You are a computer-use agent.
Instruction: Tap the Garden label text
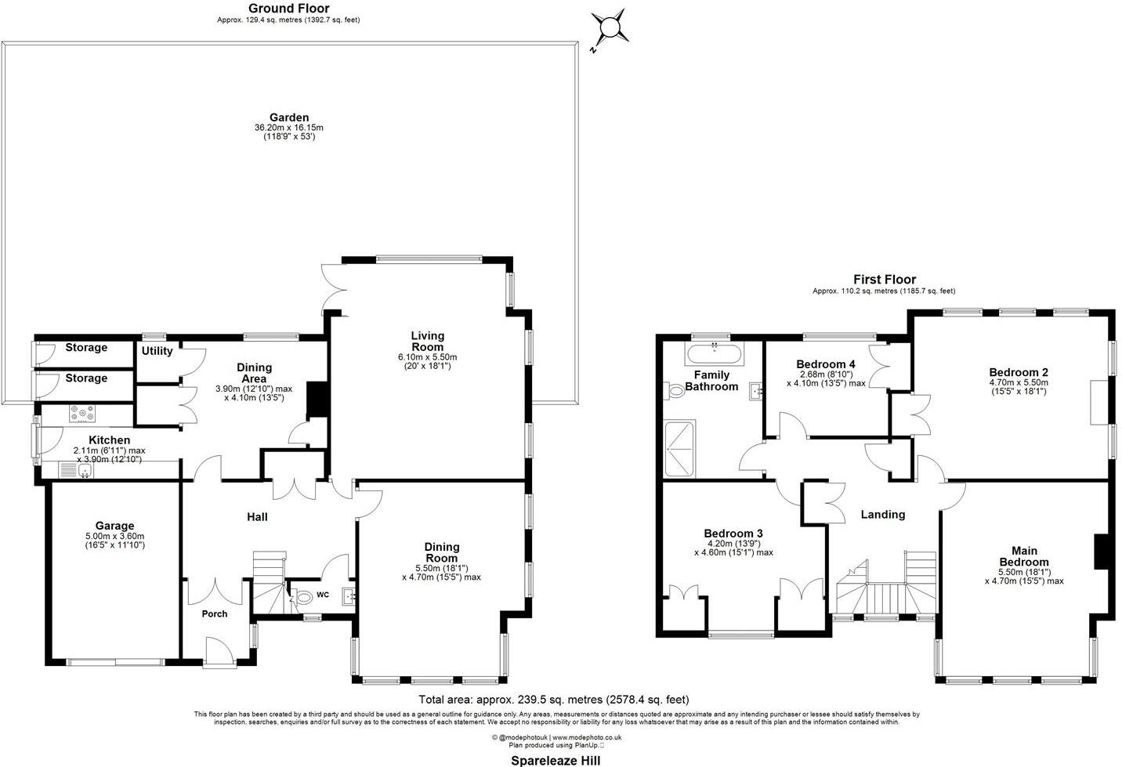pyautogui.click(x=289, y=118)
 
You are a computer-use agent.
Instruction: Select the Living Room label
pyautogui.click(x=427, y=342)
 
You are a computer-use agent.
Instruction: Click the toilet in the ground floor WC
pyautogui.click(x=302, y=598)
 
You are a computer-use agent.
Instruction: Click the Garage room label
pyautogui.click(x=115, y=526)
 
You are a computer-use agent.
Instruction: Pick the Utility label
pyautogui.click(x=157, y=351)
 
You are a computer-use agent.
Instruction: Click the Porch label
pyautogui.click(x=214, y=613)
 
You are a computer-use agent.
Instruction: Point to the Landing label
pyautogui.click(x=882, y=515)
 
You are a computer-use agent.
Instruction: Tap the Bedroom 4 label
pyautogui.click(x=825, y=364)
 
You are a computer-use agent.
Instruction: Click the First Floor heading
pyautogui.click(x=884, y=279)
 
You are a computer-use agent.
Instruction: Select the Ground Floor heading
pyautogui.click(x=288, y=9)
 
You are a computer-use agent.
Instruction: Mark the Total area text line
pyautogui.click(x=554, y=700)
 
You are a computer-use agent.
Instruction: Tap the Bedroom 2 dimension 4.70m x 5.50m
pyautogui.click(x=1018, y=382)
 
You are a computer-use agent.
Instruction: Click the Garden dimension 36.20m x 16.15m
pyautogui.click(x=289, y=128)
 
